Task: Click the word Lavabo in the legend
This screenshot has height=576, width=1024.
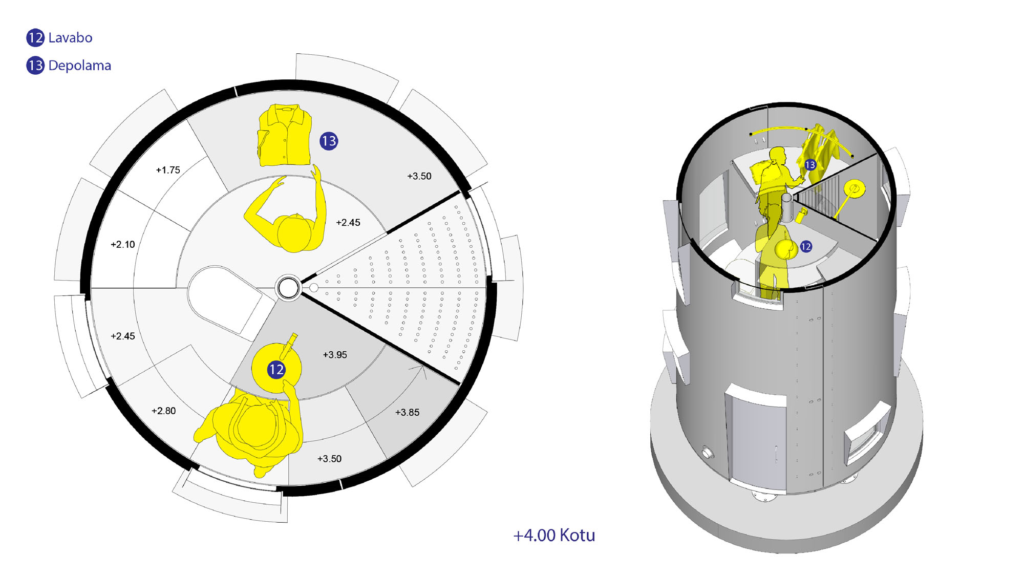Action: tap(70, 38)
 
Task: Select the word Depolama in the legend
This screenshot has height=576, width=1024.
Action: tap(79, 66)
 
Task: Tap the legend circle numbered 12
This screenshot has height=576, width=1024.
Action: tap(35, 37)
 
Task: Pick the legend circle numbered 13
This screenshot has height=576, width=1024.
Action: tap(35, 66)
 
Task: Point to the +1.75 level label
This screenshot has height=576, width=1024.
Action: tap(168, 170)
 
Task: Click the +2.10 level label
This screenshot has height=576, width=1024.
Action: tap(123, 245)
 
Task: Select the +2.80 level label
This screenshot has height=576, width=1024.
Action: tap(164, 411)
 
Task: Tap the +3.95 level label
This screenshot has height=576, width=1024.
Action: tap(335, 355)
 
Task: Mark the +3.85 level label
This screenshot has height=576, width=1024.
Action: tap(407, 412)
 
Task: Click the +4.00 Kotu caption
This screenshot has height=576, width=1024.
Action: tap(554, 535)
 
